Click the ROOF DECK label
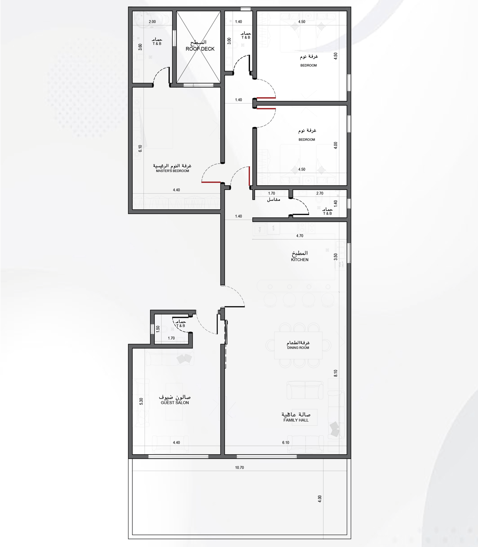click(x=200, y=49)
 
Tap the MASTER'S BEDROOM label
click(x=172, y=171)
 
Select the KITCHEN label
click(x=300, y=260)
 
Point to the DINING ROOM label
click(x=298, y=348)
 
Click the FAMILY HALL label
click(x=296, y=420)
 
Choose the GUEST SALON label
click(x=175, y=403)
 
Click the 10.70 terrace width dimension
click(x=239, y=467)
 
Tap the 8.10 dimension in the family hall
click(x=335, y=373)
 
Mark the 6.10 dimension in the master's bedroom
click(x=140, y=148)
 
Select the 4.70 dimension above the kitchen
click(x=300, y=236)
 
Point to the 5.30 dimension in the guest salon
click(x=141, y=401)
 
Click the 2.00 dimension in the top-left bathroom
click(x=152, y=22)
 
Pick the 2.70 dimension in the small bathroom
click(x=320, y=193)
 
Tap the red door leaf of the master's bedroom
click(x=211, y=182)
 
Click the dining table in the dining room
click(x=298, y=345)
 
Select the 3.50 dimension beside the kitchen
click(x=335, y=257)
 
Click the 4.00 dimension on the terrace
click(x=320, y=499)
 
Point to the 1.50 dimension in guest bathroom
click(x=158, y=329)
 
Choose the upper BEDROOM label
click(x=308, y=65)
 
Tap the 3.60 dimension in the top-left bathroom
click(x=140, y=47)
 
